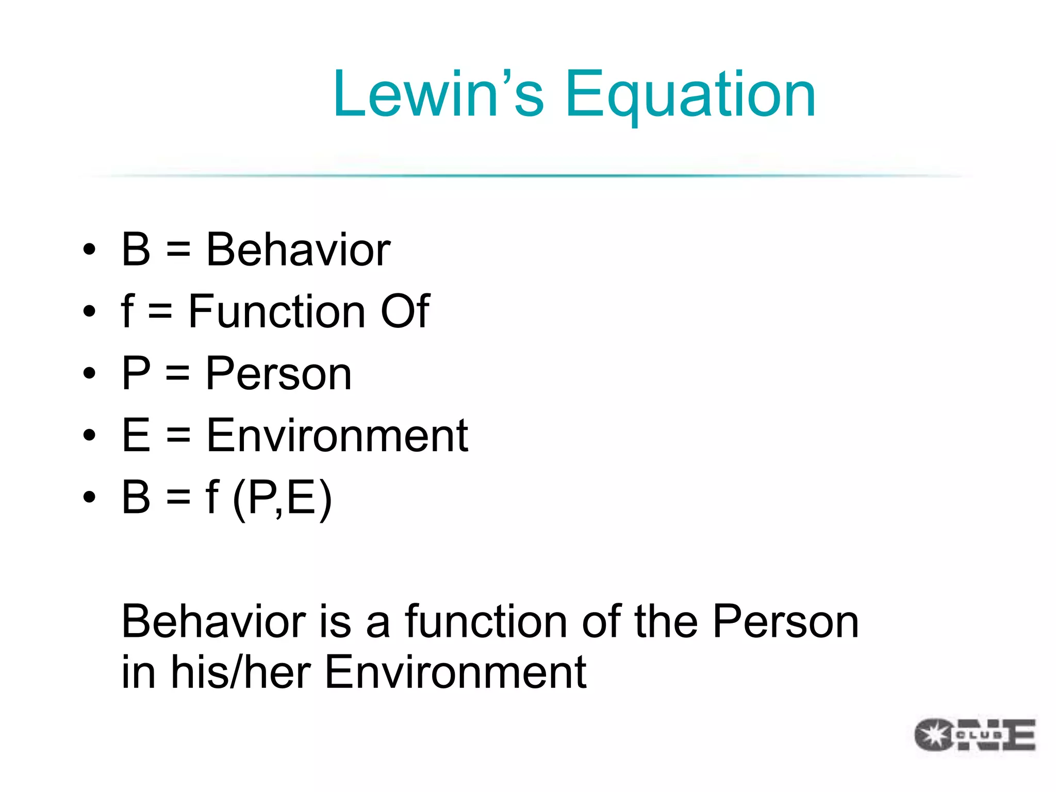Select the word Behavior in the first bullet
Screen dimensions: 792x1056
pyautogui.click(x=298, y=250)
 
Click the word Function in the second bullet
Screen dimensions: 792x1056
pyautogui.click(x=277, y=311)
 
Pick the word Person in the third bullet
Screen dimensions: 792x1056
pyautogui.click(x=278, y=373)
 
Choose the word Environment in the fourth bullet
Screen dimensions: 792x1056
pyautogui.click(x=337, y=436)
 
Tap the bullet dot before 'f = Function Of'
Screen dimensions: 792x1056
pyautogui.click(x=89, y=311)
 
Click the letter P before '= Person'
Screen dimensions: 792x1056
pyautogui.click(x=136, y=373)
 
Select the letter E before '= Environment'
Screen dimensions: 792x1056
pyautogui.click(x=136, y=436)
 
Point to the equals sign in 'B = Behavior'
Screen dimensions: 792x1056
pyautogui.click(x=178, y=251)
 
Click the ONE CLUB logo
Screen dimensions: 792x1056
pyautogui.click(x=975, y=734)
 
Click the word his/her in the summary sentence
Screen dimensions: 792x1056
pyautogui.click(x=240, y=672)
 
